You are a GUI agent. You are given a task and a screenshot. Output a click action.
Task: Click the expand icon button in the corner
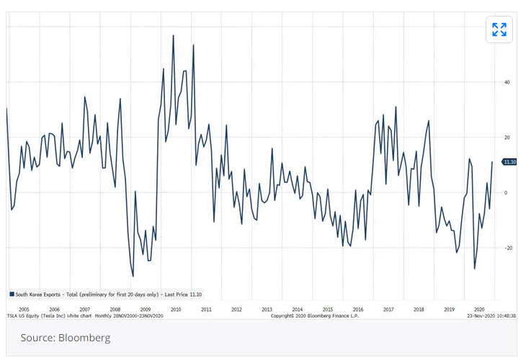[x=499, y=30]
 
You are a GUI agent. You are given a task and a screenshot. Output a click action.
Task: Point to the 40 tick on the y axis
[x=507, y=82]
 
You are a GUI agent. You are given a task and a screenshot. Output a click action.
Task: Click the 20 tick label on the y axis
[x=507, y=138]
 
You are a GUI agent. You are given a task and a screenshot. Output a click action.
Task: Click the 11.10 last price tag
[x=510, y=162]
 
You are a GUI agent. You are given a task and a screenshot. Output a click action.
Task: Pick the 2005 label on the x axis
[x=24, y=309]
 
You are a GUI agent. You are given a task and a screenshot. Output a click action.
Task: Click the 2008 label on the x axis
[x=115, y=309]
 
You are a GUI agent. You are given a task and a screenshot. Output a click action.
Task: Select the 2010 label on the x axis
[x=175, y=309]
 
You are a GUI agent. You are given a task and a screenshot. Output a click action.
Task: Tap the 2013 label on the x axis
[x=267, y=309]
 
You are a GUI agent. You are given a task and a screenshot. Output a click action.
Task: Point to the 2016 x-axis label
[x=357, y=309]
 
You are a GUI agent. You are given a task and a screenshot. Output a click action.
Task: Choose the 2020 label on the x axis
[x=478, y=309]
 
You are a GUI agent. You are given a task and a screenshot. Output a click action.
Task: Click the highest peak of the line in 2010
[x=174, y=35]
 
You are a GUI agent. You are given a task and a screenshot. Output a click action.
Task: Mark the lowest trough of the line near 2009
[x=133, y=276]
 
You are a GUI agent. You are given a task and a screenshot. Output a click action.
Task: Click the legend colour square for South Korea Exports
[x=12, y=294]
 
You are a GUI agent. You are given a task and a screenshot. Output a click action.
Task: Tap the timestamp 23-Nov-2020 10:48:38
[x=491, y=315]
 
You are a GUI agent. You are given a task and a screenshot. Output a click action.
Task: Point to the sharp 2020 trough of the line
[x=474, y=269]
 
